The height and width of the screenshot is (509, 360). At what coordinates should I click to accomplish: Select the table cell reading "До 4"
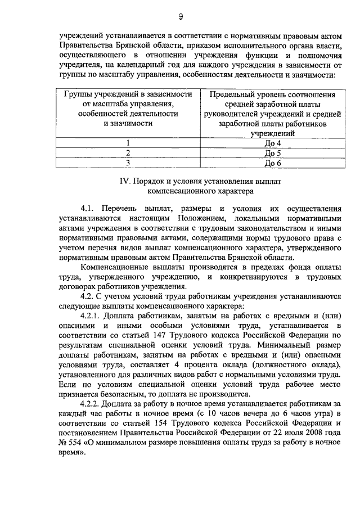pyautogui.click(x=272, y=143)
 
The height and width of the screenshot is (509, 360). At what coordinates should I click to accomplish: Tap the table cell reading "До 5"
pyautogui.click(x=272, y=153)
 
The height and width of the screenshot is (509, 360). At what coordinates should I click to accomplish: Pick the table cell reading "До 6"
pyautogui.click(x=272, y=163)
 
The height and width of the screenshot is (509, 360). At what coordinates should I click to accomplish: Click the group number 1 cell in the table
pyautogui.click(x=128, y=143)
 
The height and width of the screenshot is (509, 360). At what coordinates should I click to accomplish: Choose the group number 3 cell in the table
pyautogui.click(x=128, y=163)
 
